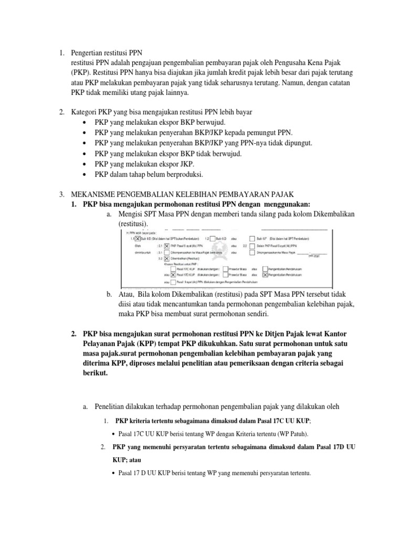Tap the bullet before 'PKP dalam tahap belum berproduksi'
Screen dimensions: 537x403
[x=85, y=174]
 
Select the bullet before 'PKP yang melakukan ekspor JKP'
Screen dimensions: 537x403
[x=85, y=164]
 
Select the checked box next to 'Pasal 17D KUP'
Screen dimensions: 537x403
[x=173, y=274]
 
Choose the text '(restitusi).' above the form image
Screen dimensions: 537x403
[x=133, y=224]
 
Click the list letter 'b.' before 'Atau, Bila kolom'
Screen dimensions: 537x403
[x=109, y=294]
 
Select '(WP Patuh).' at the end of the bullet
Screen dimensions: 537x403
[x=290, y=435]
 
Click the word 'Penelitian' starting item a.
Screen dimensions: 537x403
[x=113, y=406]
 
